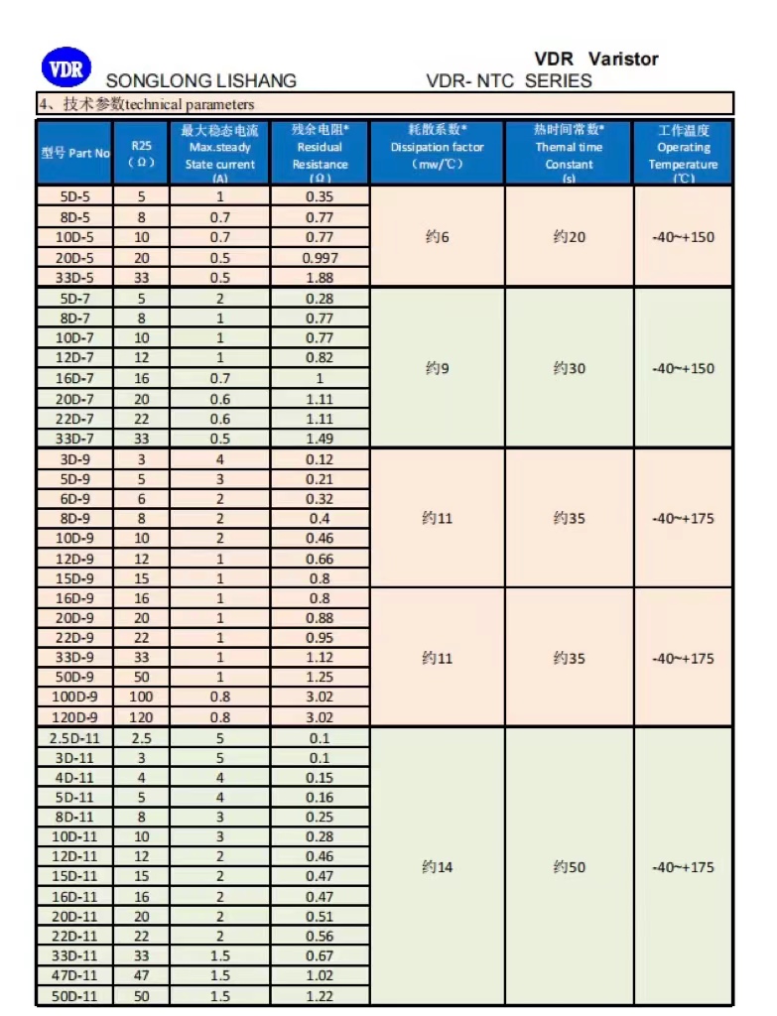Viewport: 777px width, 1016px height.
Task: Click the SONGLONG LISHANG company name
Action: click(x=200, y=81)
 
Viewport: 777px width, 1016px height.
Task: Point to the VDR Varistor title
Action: click(x=595, y=60)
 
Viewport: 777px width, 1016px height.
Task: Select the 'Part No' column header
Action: click(x=75, y=153)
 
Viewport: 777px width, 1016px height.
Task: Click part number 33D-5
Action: click(x=75, y=278)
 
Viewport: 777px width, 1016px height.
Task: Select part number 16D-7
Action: click(x=75, y=378)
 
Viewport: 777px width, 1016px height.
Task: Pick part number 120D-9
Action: click(x=75, y=716)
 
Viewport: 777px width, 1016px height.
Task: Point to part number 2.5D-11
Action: click(x=75, y=737)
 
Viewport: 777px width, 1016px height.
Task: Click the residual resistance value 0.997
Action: click(x=320, y=258)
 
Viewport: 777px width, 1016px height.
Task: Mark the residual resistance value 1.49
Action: click(x=320, y=439)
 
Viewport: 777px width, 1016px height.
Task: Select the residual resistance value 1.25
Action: click(x=320, y=677)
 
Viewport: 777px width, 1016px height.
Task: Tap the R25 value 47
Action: click(x=141, y=975)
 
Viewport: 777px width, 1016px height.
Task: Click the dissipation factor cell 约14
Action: click(x=437, y=867)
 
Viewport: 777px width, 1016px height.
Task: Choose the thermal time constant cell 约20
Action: click(x=570, y=237)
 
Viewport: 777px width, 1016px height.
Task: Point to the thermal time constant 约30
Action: click(x=570, y=368)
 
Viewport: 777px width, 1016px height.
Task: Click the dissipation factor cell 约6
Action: click(x=437, y=237)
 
